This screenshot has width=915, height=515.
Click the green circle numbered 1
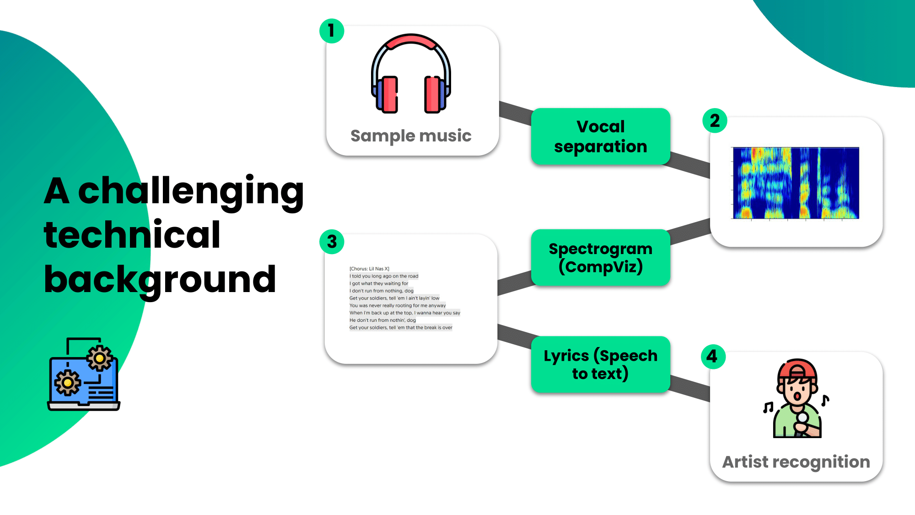[332, 31]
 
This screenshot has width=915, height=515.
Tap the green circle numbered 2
[715, 121]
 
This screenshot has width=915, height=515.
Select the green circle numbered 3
[332, 242]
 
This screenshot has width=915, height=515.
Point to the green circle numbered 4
[713, 357]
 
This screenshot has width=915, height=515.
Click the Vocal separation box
[600, 136]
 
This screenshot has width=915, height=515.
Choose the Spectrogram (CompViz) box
[600, 258]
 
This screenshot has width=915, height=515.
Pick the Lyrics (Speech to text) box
[600, 364]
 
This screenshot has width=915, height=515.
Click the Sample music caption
[411, 136]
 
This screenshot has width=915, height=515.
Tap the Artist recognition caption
[796, 462]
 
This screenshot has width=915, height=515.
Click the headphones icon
[411, 73]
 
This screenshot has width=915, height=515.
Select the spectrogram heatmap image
[796, 183]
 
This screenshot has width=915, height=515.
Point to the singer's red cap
[797, 369]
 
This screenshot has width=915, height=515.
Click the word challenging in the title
[191, 191]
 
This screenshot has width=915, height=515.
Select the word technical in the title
[132, 235]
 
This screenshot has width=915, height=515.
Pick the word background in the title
[160, 279]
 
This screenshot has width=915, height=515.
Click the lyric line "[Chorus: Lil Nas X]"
[369, 269]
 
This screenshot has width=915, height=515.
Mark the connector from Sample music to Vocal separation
[516, 112]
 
